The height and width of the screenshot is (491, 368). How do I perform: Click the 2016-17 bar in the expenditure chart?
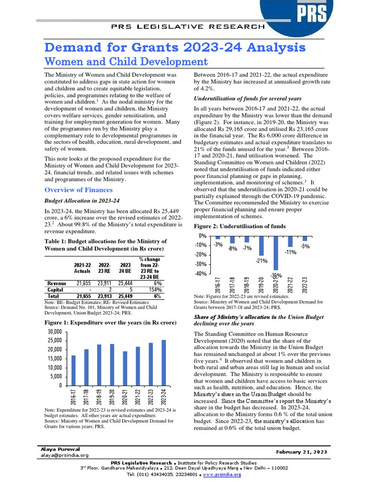click(x=73, y=370)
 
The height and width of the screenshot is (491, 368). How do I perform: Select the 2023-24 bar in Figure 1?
click(x=163, y=362)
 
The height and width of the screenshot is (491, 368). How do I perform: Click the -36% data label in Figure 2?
click(x=276, y=275)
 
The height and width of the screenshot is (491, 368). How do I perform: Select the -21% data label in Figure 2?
click(x=261, y=261)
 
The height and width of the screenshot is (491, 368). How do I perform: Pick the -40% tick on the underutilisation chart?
click(x=199, y=274)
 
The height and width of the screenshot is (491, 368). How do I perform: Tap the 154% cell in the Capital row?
click(x=153, y=290)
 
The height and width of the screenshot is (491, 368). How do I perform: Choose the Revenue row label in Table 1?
click(x=57, y=284)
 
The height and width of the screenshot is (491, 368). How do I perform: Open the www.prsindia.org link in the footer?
click(x=221, y=475)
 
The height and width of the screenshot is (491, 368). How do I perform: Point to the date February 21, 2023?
click(x=301, y=452)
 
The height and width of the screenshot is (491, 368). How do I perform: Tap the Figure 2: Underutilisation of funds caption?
click(x=240, y=226)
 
